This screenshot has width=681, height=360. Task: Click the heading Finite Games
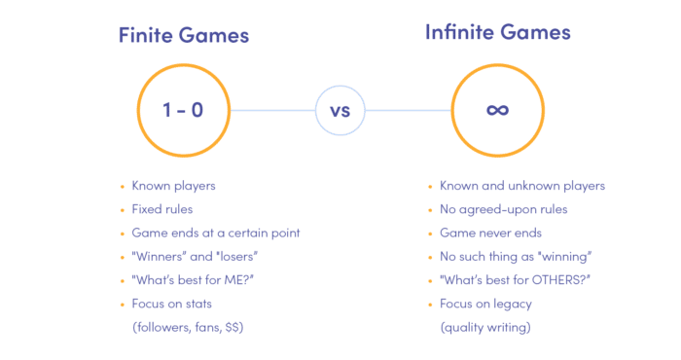click(x=184, y=36)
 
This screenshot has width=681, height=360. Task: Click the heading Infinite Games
click(x=497, y=32)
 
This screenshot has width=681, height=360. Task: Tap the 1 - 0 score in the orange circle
click(x=184, y=110)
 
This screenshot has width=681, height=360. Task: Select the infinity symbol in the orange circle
click(x=497, y=110)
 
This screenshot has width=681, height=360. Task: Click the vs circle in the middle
click(x=340, y=110)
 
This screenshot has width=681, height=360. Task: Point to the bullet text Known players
click(x=173, y=186)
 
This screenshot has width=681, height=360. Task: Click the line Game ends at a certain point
click(x=215, y=233)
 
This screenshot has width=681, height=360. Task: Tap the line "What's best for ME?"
click(x=192, y=279)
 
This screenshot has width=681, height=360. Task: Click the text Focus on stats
click(x=171, y=304)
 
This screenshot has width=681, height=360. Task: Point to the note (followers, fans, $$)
click(x=188, y=327)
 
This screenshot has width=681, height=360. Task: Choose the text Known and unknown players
click(x=522, y=186)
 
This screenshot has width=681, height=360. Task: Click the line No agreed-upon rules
click(x=504, y=209)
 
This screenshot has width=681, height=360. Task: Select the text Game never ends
click(x=490, y=233)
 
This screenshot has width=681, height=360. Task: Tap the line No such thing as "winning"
click(x=517, y=256)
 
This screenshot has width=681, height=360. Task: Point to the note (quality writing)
click(x=486, y=327)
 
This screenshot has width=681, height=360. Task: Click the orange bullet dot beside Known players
click(x=122, y=186)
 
